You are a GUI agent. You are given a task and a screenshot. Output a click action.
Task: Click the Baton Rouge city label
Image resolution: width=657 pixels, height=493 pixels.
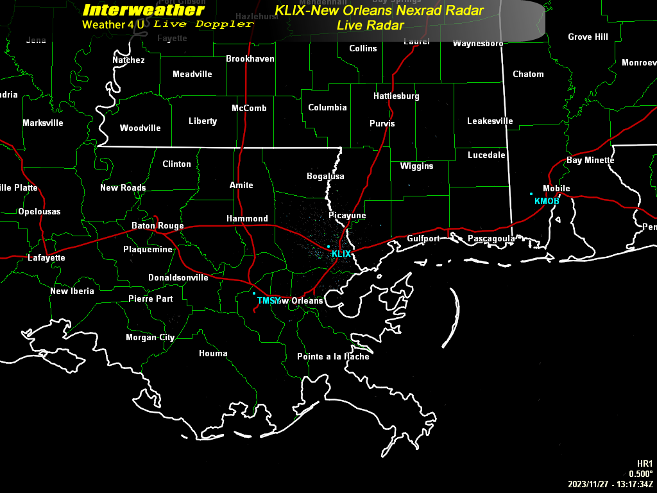(157, 226)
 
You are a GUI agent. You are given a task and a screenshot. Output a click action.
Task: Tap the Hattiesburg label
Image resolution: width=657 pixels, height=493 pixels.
(397, 96)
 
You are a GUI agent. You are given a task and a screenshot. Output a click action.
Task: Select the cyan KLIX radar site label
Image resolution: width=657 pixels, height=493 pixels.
(341, 254)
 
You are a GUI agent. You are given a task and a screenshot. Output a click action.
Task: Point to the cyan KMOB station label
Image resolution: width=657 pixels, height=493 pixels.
(547, 202)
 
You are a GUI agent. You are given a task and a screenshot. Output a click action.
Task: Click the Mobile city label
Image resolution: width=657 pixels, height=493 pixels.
(556, 189)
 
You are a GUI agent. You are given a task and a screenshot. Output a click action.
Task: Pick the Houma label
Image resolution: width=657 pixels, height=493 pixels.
(213, 354)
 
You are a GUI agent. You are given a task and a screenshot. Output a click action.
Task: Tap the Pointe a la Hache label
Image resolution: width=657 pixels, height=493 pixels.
(333, 357)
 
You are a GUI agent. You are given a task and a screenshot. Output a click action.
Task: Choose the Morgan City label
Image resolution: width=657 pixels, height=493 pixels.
(150, 338)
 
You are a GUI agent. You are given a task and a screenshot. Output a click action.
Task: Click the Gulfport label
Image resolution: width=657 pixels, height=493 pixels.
(423, 239)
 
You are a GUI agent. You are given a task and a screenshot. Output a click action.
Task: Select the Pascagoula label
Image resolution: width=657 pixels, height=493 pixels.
(491, 239)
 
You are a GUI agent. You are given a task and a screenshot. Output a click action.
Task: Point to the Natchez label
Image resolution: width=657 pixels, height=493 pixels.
(128, 60)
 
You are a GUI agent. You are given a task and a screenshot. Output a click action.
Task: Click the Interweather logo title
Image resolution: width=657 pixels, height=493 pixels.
(144, 10)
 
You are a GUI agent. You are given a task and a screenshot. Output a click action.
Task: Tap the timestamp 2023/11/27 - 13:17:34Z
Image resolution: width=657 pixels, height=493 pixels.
(610, 484)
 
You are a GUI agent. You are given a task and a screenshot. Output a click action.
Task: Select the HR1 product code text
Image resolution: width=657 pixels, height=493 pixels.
(645, 464)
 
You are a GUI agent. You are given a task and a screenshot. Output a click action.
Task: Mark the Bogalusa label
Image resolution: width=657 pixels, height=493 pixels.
(325, 177)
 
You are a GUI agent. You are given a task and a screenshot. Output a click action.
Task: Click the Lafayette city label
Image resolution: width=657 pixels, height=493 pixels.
(46, 258)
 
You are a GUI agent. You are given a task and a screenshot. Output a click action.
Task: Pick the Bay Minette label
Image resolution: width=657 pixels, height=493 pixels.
(590, 160)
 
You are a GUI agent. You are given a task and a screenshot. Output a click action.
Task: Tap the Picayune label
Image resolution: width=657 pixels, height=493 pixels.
(347, 216)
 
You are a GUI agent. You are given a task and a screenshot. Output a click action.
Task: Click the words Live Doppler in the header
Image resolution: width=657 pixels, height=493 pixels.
(203, 24)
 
